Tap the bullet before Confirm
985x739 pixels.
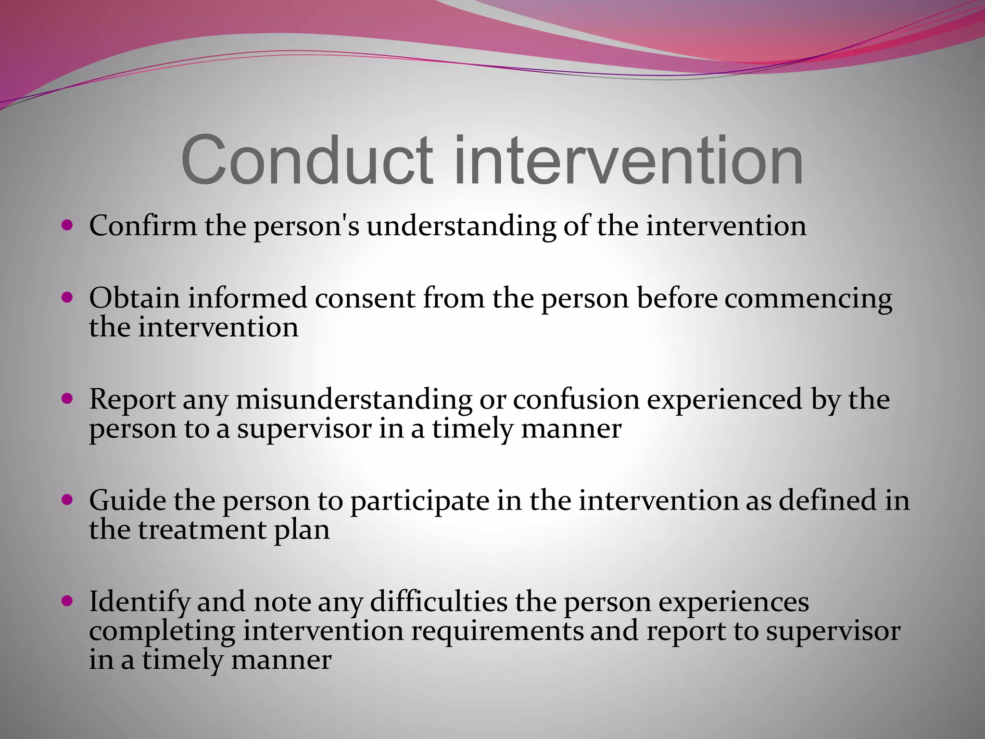67,225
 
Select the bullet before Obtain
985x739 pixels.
67,297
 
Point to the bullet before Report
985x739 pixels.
67,398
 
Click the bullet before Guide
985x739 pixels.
67,499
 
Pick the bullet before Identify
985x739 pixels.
67,600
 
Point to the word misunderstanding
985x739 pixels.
354,400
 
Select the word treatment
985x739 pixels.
202,530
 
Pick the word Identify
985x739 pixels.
139,602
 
